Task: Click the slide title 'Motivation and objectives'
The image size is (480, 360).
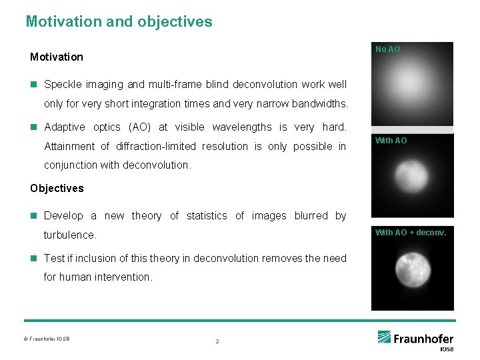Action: click(119, 21)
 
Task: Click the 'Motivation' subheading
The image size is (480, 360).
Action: click(57, 57)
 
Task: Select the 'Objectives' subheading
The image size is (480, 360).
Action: click(57, 188)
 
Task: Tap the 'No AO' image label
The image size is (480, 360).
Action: click(388, 49)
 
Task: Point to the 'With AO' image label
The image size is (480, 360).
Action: click(391, 141)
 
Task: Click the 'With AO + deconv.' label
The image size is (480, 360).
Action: click(411, 233)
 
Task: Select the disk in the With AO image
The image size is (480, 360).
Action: click(411, 177)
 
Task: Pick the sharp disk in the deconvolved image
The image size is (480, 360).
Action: click(412, 270)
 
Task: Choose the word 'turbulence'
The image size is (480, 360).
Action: click(69, 235)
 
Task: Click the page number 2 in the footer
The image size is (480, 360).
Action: click(217, 341)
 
